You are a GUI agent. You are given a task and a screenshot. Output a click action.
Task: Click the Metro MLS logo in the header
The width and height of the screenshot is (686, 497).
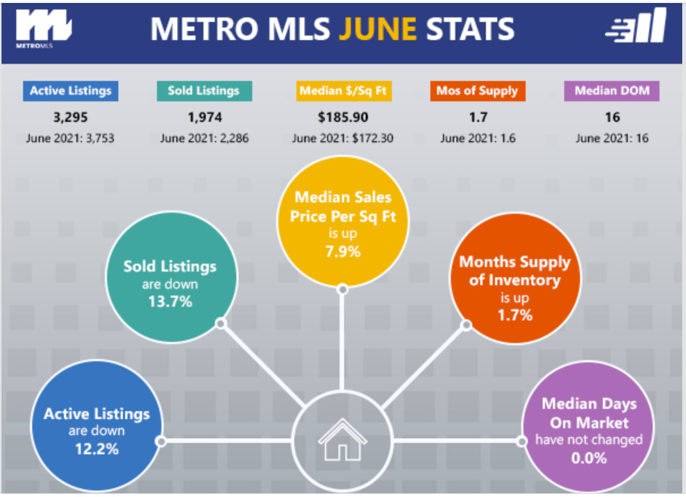click(43, 28)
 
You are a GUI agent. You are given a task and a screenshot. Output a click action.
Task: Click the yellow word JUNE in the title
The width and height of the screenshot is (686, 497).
click(378, 29)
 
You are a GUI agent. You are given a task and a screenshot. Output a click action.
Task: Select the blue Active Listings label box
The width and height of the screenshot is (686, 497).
click(70, 91)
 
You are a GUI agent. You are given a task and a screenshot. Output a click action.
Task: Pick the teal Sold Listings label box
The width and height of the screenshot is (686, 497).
click(204, 91)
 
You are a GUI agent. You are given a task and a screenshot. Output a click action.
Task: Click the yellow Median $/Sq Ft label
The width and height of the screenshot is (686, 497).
click(343, 91)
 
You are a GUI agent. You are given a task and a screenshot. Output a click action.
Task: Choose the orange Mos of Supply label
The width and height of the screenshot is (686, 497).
click(478, 91)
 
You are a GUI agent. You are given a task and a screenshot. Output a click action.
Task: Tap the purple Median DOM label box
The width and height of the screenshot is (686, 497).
click(612, 91)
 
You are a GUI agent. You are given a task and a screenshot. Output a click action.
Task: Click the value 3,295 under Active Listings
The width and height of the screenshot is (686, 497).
click(70, 117)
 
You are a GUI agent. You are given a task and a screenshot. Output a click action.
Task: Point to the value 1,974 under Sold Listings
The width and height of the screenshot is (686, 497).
click(205, 117)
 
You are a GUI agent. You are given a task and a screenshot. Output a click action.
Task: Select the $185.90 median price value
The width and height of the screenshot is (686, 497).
click(343, 117)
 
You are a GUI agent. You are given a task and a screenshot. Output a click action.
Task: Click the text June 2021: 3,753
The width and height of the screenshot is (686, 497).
click(70, 138)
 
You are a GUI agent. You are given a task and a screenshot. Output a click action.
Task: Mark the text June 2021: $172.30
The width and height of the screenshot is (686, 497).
click(343, 138)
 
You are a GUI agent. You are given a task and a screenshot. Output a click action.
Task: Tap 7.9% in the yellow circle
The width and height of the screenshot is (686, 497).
click(343, 252)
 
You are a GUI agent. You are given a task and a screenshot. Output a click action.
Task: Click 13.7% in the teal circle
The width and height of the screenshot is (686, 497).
click(170, 301)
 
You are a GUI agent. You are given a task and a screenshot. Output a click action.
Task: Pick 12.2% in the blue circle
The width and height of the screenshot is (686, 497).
click(97, 449)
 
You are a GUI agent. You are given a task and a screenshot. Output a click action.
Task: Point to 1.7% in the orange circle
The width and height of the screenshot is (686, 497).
click(515, 315)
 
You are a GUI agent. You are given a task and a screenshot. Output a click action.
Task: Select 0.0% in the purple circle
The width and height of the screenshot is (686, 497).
click(589, 458)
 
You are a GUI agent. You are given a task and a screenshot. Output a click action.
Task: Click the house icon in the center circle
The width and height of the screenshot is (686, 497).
click(343, 440)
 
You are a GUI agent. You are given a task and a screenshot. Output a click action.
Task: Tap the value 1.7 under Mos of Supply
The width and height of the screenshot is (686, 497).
click(478, 117)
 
